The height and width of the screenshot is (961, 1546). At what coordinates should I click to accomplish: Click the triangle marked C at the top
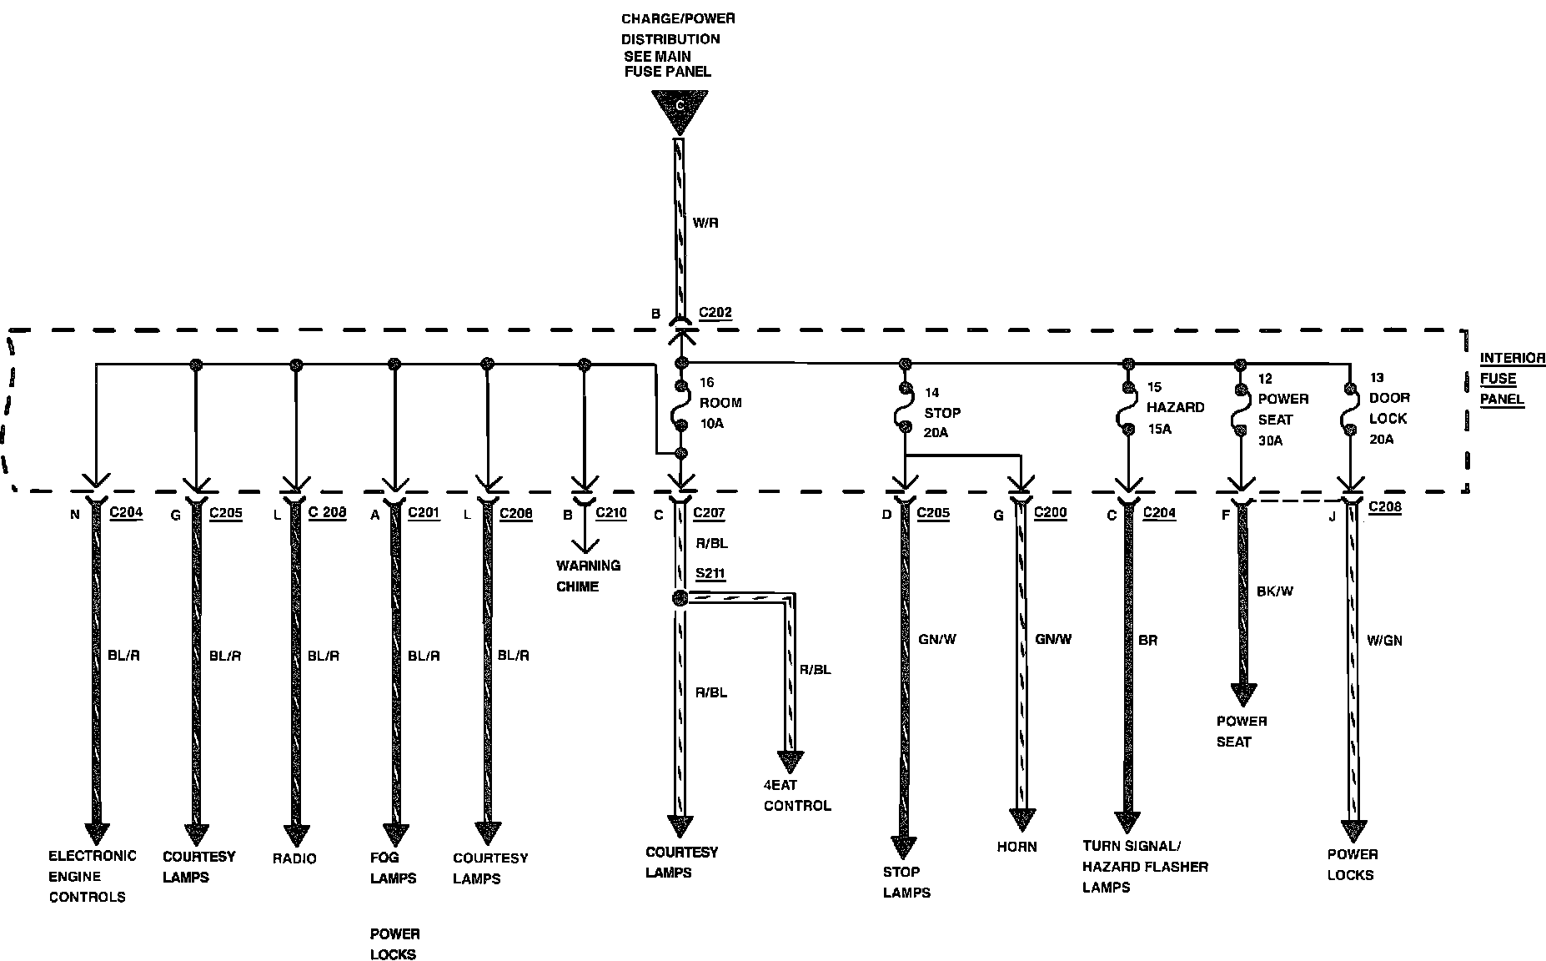[680, 109]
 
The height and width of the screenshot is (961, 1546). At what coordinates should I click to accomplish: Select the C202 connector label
[715, 313]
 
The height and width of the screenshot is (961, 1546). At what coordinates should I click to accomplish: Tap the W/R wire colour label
[705, 223]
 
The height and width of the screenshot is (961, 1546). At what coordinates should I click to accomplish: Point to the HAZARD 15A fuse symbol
[1128, 409]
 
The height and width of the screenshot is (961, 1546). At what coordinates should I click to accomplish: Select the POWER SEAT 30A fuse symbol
[1240, 409]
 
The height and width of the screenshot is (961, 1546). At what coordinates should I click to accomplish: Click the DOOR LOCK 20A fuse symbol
[1349, 409]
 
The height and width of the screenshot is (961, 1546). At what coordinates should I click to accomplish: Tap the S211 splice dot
[680, 598]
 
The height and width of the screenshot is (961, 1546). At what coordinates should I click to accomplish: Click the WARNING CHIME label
[588, 576]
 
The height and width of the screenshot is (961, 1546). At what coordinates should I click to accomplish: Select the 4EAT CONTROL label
[797, 795]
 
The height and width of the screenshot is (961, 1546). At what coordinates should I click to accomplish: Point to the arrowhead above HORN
[1022, 820]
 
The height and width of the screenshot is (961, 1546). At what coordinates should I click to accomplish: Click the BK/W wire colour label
[1275, 591]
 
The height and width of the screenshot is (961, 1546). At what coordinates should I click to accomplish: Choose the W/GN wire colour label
[1384, 641]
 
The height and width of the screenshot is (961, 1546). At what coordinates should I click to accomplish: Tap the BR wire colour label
[1147, 641]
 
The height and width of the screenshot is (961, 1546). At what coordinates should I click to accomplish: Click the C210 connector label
[610, 513]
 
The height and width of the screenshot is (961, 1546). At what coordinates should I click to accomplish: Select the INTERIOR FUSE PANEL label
[1511, 379]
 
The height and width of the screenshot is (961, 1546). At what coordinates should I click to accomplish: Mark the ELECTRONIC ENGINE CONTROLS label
[92, 876]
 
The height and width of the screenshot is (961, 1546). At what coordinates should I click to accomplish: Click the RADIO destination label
[294, 858]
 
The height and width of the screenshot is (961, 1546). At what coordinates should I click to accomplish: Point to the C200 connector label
[1050, 513]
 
